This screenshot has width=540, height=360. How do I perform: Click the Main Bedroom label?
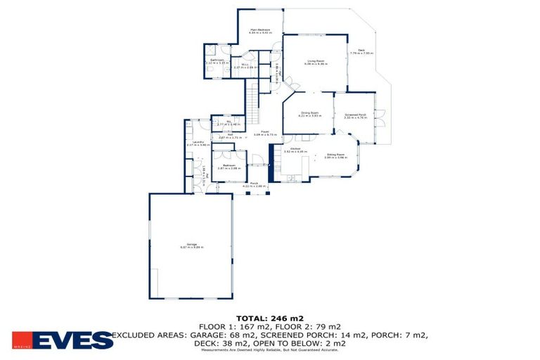(260, 30)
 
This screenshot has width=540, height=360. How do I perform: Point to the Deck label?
(361, 50)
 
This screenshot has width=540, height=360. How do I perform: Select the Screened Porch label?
(356, 115)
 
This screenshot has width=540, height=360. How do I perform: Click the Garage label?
(192, 245)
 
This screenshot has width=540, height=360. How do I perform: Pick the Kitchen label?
(296, 149)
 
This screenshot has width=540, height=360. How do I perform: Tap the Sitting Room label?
(335, 155)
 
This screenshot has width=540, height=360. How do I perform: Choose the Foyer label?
(266, 131)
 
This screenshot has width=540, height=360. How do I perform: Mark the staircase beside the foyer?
(251, 105)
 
